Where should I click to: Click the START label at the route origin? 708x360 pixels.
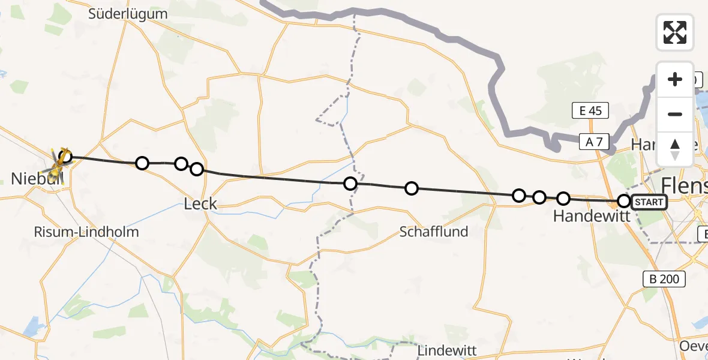tap(649, 202)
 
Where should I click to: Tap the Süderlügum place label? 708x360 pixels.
tap(127, 13)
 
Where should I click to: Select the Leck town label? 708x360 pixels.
tap(200, 204)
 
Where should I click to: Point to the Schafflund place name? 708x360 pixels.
tap(434, 232)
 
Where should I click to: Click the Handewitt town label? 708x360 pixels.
tap(592, 216)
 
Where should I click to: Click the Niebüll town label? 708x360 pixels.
tap(29, 178)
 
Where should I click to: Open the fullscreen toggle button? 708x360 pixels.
tap(674, 32)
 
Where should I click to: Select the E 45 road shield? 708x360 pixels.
tap(590, 110)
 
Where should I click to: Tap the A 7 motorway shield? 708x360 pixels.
tap(595, 142)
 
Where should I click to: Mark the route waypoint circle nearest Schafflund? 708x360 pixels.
tap(412, 188)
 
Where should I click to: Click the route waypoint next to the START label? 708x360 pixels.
tap(624, 201)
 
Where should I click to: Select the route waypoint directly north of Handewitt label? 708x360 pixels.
tap(563, 198)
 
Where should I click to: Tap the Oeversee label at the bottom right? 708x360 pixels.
tap(695, 346)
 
